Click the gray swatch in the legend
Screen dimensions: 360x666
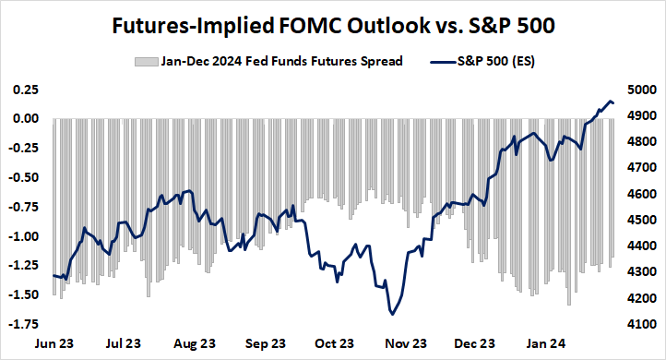[145, 62]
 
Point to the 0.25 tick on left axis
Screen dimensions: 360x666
[24, 90]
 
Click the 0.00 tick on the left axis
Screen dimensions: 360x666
[24, 119]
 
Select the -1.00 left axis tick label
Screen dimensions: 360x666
[22, 236]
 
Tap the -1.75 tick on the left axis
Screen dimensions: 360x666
[22, 324]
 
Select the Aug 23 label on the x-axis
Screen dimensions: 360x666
[195, 342]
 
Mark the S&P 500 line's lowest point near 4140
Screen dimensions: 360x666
[394, 314]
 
